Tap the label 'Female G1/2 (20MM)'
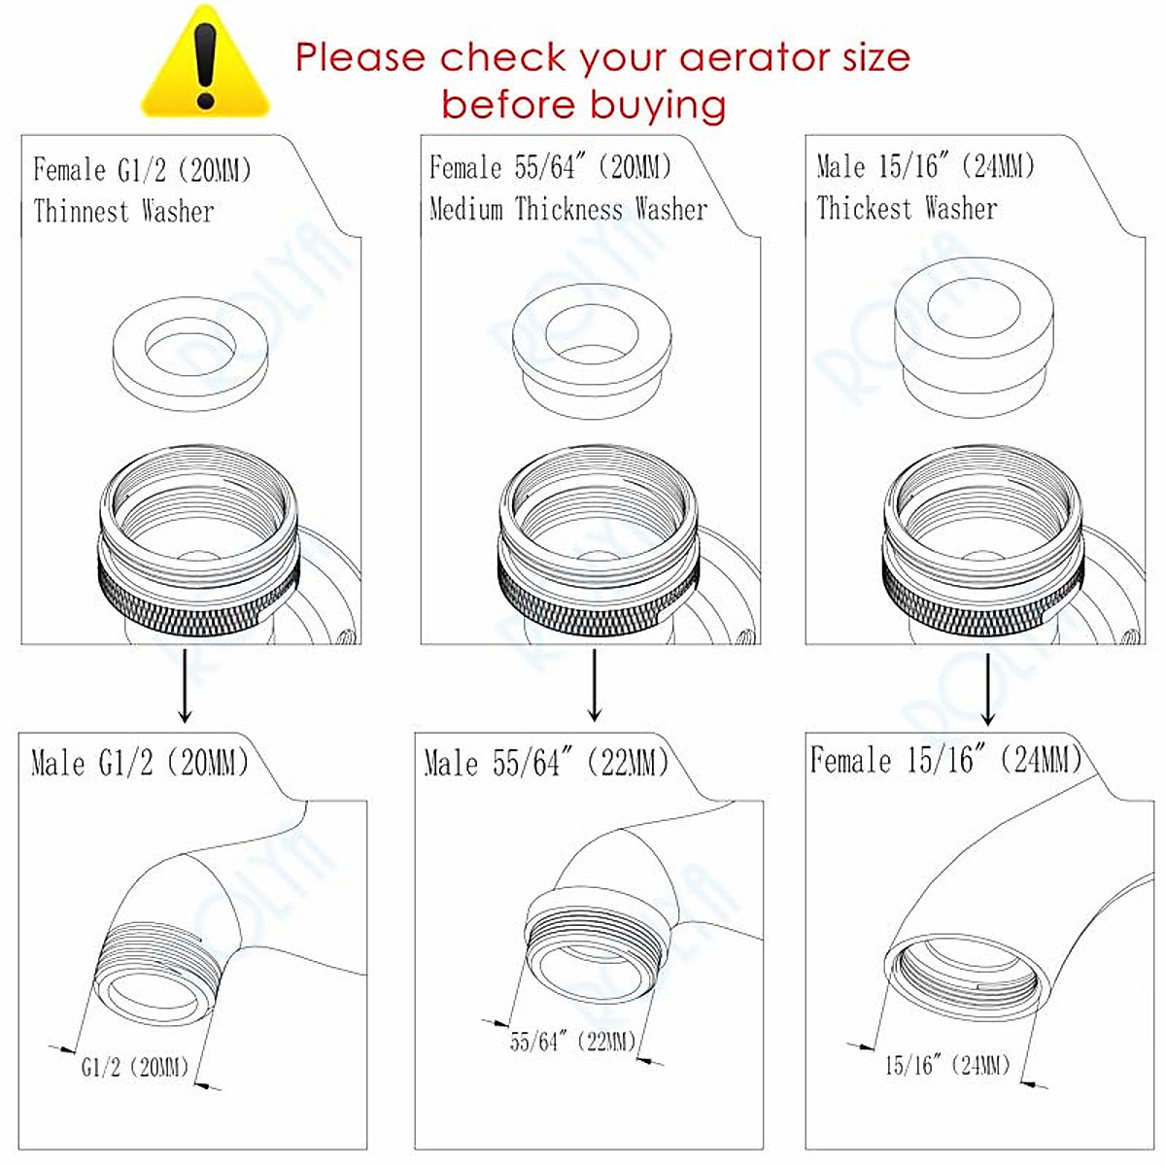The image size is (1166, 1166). [142, 171]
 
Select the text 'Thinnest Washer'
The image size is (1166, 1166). [123, 211]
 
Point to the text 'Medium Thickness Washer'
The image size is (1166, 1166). [568, 209]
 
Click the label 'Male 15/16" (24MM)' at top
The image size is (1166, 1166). [925, 167]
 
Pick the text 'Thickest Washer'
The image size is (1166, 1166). [907, 208]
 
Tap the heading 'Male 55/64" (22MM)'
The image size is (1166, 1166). [546, 763]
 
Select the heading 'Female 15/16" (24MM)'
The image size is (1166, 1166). [945, 760]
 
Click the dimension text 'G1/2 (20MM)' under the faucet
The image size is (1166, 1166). [134, 1067]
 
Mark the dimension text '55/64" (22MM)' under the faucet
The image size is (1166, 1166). [572, 1042]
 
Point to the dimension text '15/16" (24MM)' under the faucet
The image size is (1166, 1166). [947, 1065]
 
